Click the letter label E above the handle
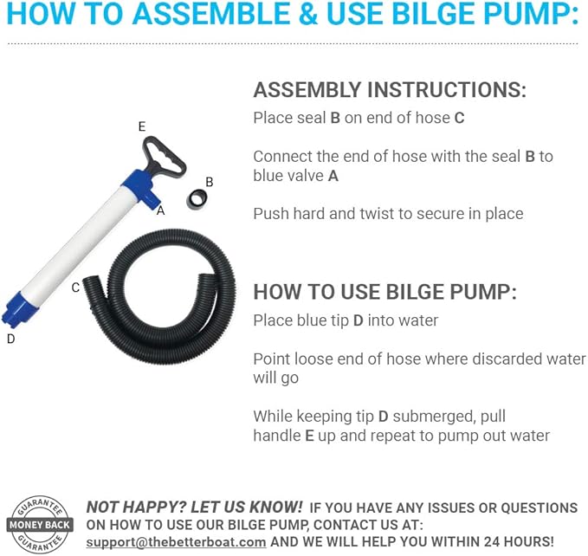tap(142, 126)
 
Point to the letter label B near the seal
tap(209, 182)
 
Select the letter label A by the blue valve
tap(161, 209)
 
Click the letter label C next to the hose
tap(75, 288)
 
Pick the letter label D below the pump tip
tap(10, 339)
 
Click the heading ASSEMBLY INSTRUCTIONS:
tap(389, 90)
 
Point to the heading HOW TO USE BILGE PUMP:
tap(384, 292)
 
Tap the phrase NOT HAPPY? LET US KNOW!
tap(195, 507)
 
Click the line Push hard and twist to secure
tap(388, 213)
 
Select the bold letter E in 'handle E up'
tap(309, 436)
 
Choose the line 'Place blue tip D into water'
tap(346, 320)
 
